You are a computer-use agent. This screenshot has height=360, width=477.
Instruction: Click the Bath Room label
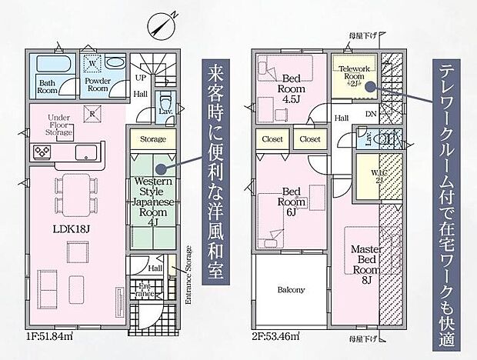pos(48,86)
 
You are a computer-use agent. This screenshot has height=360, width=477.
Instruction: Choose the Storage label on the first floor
pos(152,140)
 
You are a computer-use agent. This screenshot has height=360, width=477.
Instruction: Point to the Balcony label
pos(292,290)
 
